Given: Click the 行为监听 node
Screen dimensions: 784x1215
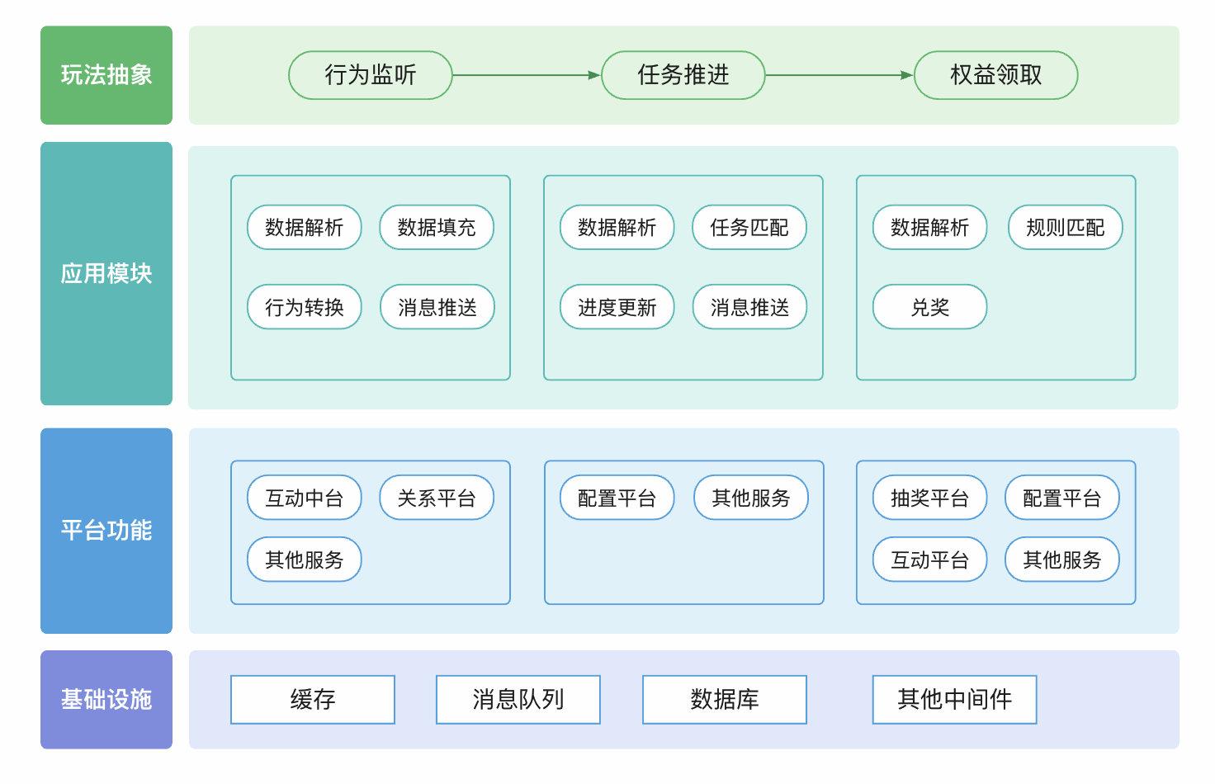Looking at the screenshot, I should pos(370,75).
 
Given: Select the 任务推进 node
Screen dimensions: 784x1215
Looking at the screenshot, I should pos(683,75).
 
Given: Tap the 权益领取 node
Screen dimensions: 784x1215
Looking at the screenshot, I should pos(995,75).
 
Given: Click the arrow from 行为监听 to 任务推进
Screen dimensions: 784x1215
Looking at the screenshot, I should pos(527,75).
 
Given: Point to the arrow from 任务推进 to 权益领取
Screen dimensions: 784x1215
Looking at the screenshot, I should pos(839,75).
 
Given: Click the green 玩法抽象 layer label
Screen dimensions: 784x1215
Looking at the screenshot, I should pos(106,75).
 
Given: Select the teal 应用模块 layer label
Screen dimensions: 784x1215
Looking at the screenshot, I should pos(106,273).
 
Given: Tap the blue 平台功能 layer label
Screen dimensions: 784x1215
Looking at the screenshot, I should pos(106,530).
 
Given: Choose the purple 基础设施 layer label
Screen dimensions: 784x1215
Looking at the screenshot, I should pos(106,699).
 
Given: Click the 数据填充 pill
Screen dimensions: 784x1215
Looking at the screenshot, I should pos(437,228).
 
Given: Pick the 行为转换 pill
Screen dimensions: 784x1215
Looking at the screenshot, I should pos(305,307).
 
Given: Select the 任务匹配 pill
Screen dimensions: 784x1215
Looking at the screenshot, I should pos(749,228).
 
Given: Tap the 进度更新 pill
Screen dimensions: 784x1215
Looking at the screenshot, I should pos(617,307).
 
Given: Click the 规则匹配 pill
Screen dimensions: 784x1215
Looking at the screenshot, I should pos(1065,228).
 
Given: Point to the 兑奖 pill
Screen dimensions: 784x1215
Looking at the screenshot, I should pos(929,307).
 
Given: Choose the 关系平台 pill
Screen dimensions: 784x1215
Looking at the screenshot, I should pos(437,498).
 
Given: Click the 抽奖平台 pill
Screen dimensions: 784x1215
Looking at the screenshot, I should pos(929,498).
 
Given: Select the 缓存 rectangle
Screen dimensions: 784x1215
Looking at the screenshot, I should pos(313,699).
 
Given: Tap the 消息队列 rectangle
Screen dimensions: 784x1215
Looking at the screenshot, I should pos(518,699).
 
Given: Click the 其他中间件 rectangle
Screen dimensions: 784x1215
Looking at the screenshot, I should pos(954,699).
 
